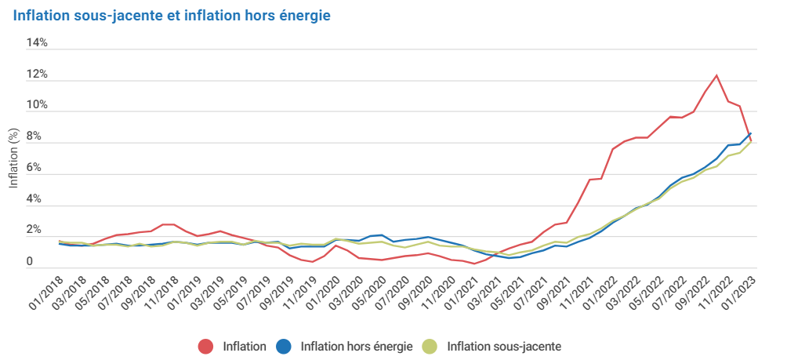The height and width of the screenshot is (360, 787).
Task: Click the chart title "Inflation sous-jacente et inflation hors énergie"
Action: click(x=171, y=16)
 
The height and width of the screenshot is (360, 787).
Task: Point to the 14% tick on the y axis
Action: click(x=37, y=43)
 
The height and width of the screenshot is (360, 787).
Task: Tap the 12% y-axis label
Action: click(x=37, y=75)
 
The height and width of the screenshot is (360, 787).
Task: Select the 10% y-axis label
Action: click(x=37, y=105)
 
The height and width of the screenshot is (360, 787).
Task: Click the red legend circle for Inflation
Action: click(x=206, y=346)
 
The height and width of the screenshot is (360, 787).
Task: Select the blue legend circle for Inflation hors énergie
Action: click(x=284, y=346)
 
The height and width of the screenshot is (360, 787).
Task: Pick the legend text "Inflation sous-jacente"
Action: click(x=504, y=346)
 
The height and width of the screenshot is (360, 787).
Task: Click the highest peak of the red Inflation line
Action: click(x=716, y=75)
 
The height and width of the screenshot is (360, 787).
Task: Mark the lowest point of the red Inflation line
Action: click(x=474, y=264)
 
